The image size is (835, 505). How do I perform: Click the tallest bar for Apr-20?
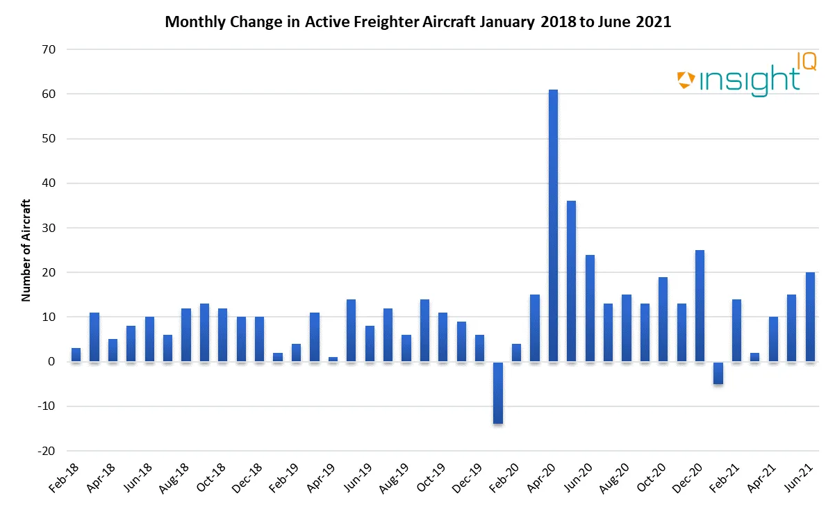point(553,226)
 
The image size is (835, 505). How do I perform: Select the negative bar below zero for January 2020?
point(498,392)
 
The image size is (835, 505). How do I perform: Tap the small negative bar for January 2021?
point(718,373)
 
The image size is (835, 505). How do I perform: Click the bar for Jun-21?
point(810,317)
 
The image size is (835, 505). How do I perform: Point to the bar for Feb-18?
point(76,355)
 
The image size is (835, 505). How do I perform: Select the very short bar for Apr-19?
point(333,360)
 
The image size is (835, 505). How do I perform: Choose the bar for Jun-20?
point(590,308)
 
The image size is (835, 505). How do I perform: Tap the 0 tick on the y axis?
point(51,362)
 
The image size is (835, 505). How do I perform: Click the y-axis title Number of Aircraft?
point(26,250)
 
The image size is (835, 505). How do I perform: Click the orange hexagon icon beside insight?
point(686,80)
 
